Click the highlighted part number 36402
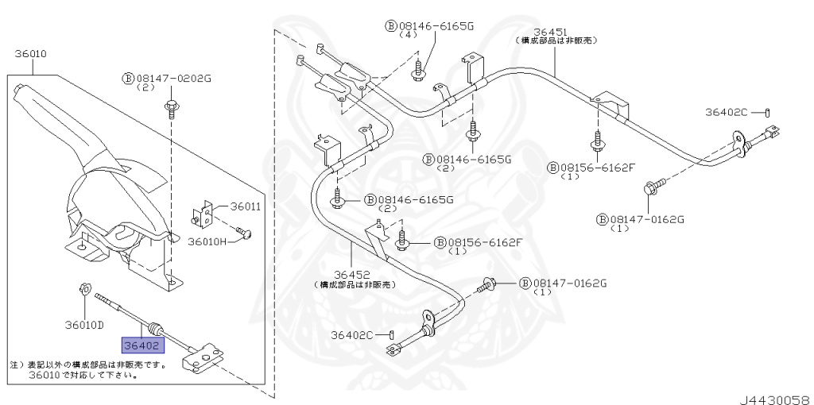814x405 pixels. coord(141,345)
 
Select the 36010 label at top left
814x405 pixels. coord(31,55)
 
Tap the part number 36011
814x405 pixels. coord(246,206)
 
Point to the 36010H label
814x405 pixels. coord(208,241)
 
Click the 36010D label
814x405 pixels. coord(84,324)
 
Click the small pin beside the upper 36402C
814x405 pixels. coord(769,112)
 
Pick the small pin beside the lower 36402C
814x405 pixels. coord(393,335)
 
